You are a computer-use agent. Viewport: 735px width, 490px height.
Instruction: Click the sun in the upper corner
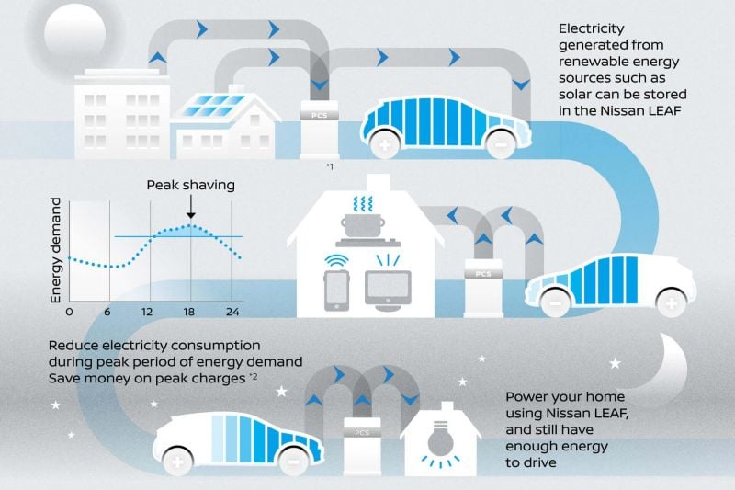(75, 33)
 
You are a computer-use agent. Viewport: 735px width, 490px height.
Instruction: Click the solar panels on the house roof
(213, 106)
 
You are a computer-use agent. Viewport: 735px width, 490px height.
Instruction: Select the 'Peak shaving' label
(191, 185)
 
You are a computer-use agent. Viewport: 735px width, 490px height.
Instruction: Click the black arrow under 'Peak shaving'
(191, 207)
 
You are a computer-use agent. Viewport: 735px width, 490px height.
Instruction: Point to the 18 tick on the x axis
(189, 312)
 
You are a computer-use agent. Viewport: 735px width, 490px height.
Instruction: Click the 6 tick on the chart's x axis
(107, 312)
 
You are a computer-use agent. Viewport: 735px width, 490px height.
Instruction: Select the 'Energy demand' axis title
(56, 250)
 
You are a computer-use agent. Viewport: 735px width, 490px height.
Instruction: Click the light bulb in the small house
(440, 439)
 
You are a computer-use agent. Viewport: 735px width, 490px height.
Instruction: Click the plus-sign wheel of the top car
(385, 144)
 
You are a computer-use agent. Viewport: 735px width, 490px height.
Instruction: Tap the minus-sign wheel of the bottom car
(293, 462)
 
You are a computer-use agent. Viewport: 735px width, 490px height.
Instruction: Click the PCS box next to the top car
(319, 130)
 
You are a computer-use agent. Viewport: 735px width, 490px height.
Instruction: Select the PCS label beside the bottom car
(362, 433)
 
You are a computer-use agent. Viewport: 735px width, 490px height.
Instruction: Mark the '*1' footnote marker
(330, 166)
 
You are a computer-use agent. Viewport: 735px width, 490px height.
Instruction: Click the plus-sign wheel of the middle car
(672, 303)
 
